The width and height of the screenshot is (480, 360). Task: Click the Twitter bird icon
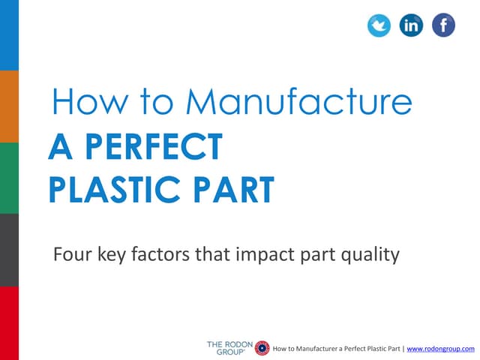point(379,25)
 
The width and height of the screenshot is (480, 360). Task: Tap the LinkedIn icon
point(411,25)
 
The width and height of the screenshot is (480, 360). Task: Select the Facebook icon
point(443,25)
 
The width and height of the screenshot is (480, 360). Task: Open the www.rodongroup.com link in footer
point(440,349)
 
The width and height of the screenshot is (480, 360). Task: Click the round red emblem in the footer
point(262,347)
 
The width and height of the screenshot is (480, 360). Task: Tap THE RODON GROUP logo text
point(229,347)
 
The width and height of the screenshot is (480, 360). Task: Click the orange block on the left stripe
point(9,106)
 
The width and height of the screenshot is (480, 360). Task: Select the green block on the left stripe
point(9,178)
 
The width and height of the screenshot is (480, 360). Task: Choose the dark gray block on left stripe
point(9,250)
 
